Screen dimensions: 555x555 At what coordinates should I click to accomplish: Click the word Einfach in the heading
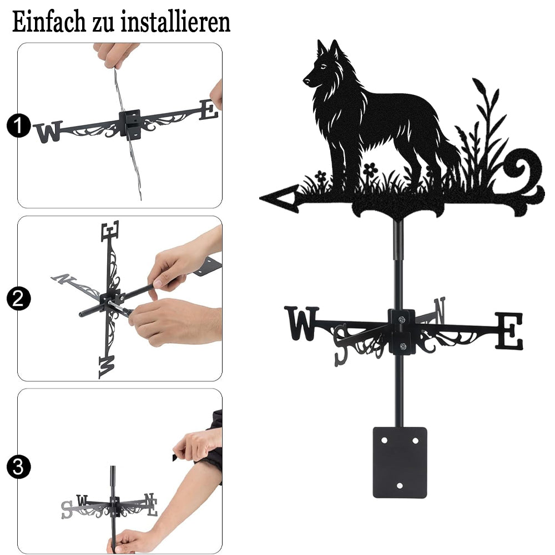49,22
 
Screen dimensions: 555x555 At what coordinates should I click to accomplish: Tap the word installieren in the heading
175,22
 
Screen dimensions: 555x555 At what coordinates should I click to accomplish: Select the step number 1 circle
19,125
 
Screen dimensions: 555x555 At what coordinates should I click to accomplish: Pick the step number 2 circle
19,299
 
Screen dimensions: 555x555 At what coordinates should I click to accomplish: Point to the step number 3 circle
19,467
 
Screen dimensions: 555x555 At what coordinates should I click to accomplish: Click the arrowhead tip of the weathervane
261,198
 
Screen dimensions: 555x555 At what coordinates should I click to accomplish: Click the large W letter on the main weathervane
301,323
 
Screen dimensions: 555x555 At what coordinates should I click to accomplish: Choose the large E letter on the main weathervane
508,330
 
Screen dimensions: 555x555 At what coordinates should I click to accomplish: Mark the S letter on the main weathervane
340,345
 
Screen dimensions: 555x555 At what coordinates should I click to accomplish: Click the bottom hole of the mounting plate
400,485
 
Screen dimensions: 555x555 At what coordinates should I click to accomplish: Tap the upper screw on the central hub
401,320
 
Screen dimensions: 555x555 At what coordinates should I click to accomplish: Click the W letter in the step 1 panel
48,132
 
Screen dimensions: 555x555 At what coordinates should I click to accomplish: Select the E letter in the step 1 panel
208,110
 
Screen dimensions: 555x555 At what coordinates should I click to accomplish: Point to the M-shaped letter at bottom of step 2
107,367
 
